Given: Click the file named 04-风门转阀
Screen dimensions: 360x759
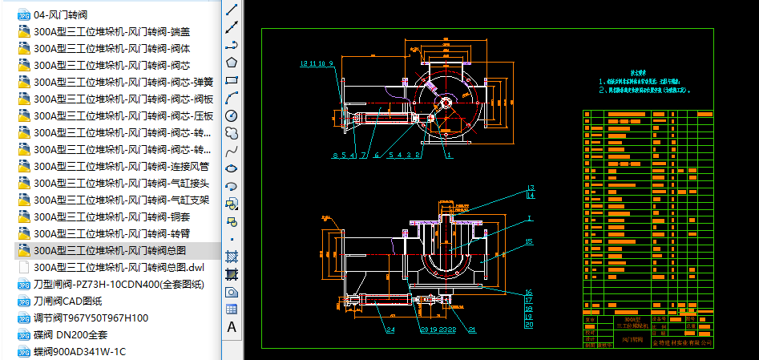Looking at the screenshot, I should [x=60, y=14].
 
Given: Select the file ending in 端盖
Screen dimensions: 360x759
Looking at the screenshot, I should [x=112, y=31].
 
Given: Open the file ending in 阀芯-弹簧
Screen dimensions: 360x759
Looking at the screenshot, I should [x=123, y=82].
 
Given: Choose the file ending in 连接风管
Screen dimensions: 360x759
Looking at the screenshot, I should [x=121, y=166].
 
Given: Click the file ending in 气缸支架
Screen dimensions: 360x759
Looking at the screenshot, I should [x=121, y=200].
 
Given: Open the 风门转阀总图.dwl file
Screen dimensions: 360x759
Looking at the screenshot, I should [x=119, y=267].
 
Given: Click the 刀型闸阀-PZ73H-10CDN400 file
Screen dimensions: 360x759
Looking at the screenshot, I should [x=119, y=284].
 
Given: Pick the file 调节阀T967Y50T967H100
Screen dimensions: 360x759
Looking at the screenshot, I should [x=91, y=318].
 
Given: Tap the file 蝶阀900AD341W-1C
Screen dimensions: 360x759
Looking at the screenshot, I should [x=79, y=351].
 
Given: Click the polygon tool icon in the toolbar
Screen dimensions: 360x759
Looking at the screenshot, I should [x=232, y=62].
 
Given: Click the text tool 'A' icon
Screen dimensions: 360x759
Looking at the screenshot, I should [x=232, y=326].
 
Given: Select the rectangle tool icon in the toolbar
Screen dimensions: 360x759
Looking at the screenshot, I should [x=232, y=80].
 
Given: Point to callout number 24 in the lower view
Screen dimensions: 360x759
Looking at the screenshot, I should [x=390, y=330].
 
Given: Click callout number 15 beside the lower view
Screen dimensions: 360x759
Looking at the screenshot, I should [x=528, y=241].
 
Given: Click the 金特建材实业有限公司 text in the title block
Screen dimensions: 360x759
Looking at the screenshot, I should [x=682, y=343].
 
